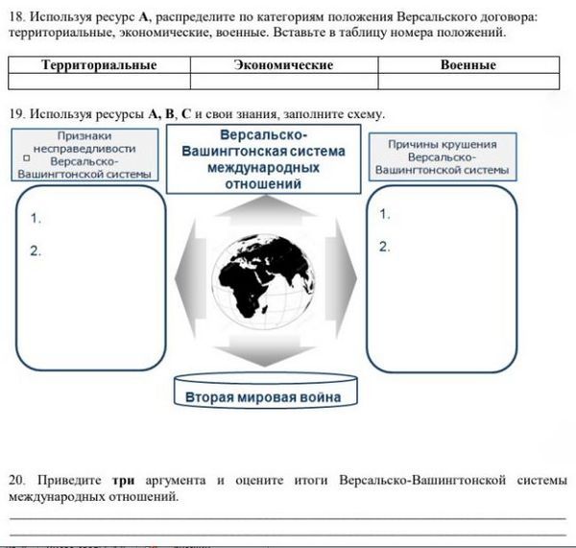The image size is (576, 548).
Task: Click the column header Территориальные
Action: [x=100, y=65]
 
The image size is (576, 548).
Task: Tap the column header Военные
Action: [x=468, y=65]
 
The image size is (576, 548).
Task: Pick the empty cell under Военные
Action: [x=468, y=82]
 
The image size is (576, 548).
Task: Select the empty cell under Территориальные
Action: [x=100, y=82]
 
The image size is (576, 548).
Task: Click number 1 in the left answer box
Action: [x=36, y=219]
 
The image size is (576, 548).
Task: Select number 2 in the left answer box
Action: [x=36, y=251]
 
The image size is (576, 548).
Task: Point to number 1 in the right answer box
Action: [x=384, y=213]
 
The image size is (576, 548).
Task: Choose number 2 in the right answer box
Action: [x=384, y=247]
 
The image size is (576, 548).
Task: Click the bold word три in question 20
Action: [x=122, y=479]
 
